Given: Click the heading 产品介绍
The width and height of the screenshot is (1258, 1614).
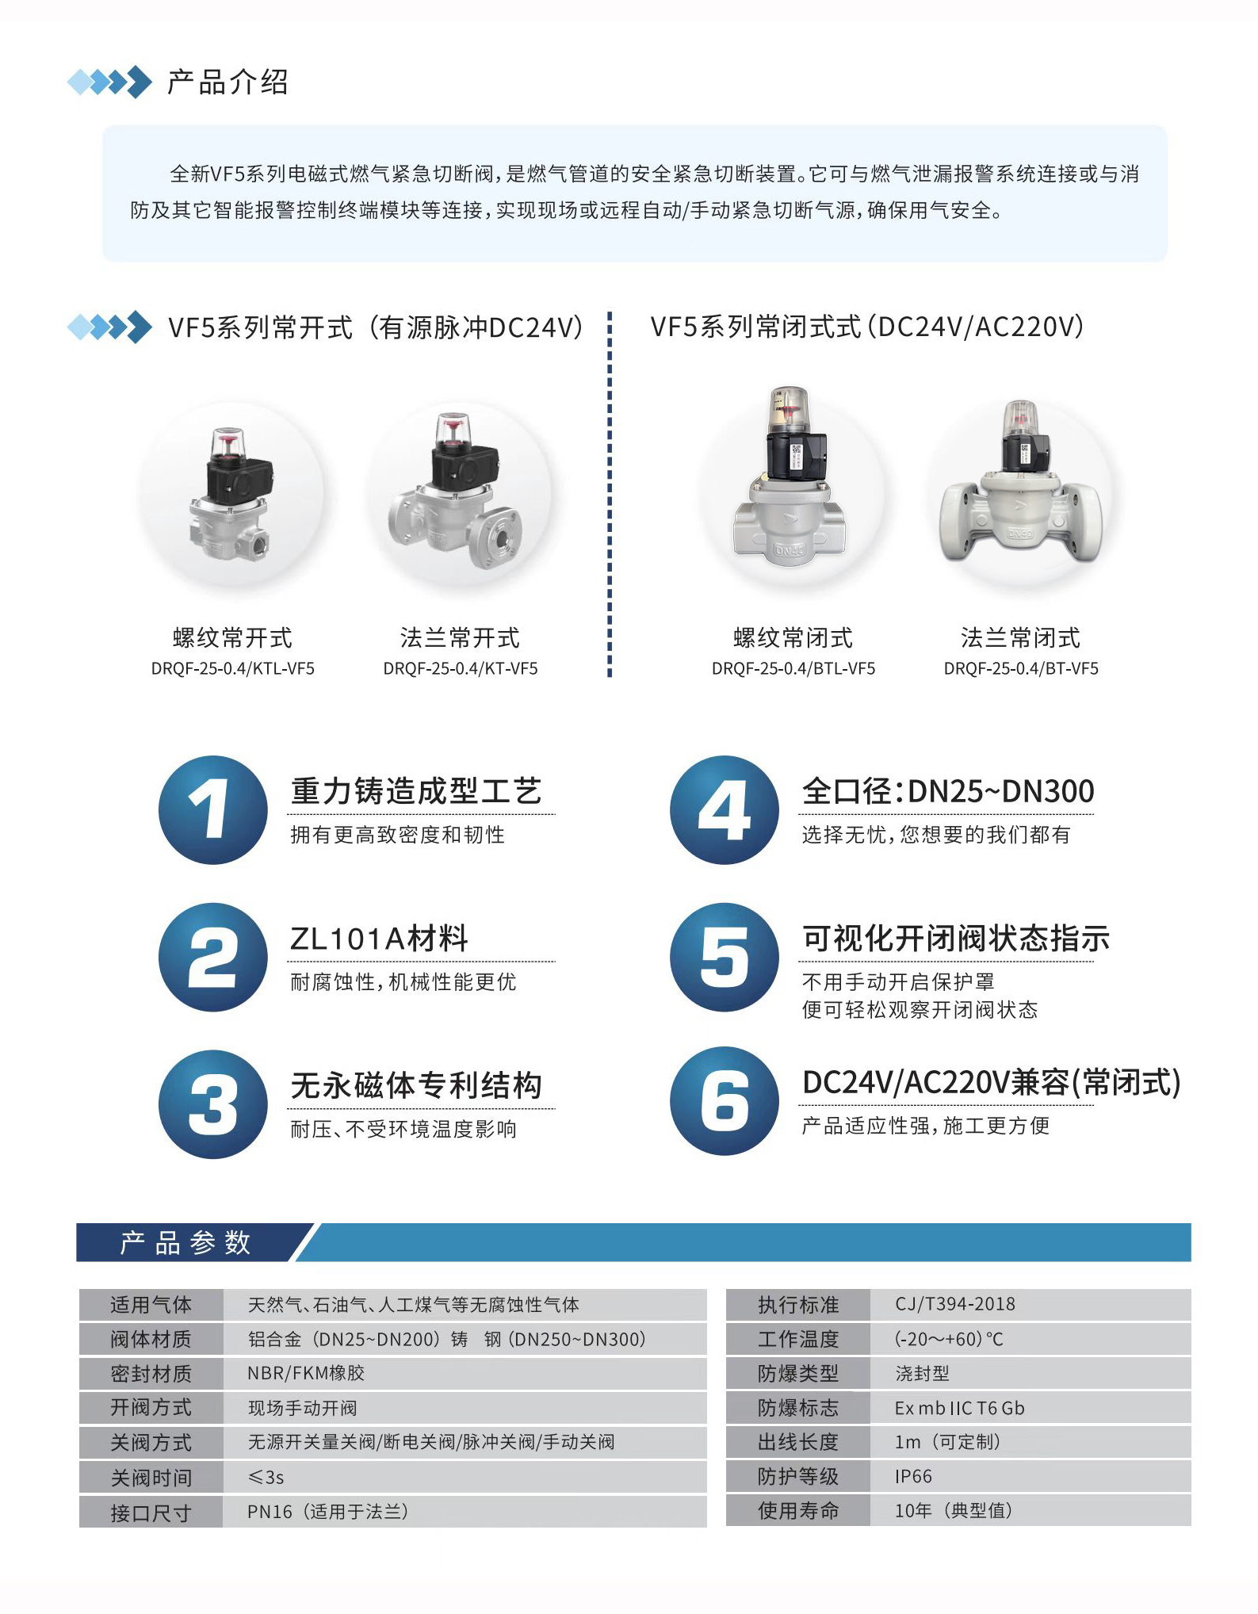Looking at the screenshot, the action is pyautogui.click(x=228, y=82).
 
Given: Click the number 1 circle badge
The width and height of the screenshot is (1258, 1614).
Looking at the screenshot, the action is pyautogui.click(x=213, y=809).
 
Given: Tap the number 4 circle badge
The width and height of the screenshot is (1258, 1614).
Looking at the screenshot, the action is pyautogui.click(x=725, y=809).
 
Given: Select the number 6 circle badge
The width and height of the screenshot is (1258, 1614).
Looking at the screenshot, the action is pyautogui.click(x=725, y=1101).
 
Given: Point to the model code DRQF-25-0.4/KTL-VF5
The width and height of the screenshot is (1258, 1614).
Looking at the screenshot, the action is pyautogui.click(x=233, y=669).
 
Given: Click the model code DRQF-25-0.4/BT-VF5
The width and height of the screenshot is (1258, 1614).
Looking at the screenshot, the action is pyautogui.click(x=1021, y=669).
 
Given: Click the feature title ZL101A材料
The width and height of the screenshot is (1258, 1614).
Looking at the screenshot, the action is pyautogui.click(x=379, y=939).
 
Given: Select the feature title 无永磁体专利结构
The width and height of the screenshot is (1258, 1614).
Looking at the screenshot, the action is pyautogui.click(x=416, y=1085).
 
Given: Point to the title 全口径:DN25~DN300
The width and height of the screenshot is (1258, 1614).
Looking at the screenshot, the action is pyautogui.click(x=948, y=791).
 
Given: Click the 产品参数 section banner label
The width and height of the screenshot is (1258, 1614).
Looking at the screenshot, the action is pyautogui.click(x=185, y=1242).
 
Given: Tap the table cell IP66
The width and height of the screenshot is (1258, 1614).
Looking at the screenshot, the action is pyautogui.click(x=913, y=1476).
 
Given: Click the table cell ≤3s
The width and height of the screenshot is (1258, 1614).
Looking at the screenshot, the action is pyautogui.click(x=266, y=1478).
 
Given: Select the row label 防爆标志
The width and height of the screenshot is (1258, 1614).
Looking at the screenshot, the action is pyautogui.click(x=798, y=1408).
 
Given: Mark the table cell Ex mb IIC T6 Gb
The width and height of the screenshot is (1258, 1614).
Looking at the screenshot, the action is pyautogui.click(x=960, y=1408).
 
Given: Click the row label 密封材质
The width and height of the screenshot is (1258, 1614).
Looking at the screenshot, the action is pyautogui.click(x=151, y=1374).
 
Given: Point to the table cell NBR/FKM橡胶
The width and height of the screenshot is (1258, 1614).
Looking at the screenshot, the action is pyautogui.click(x=306, y=1373).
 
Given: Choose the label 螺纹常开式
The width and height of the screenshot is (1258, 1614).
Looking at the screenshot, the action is pyautogui.click(x=232, y=638).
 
